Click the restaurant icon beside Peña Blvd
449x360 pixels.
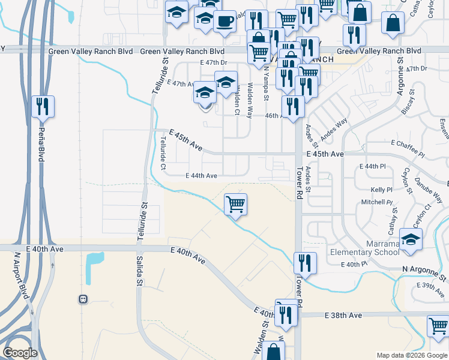click(43, 107)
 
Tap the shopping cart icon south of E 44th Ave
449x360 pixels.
click(236, 204)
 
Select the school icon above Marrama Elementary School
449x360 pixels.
click(411, 239)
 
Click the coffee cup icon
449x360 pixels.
click(224, 21)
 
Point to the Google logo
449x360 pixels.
click(20, 353)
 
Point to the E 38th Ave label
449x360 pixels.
click(343, 315)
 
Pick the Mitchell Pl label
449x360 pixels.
click(376, 203)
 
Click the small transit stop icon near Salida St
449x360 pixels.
click(83, 299)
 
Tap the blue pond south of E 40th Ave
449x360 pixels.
click(95, 266)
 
